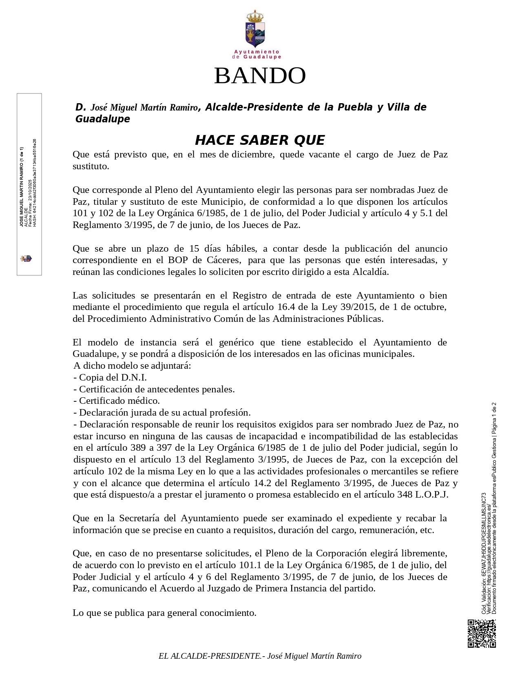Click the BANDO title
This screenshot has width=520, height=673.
[260, 75]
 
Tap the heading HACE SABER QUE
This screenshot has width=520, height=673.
[260, 140]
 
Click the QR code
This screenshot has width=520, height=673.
[481, 633]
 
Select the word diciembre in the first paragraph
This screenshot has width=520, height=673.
[252, 155]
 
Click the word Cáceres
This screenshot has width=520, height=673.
[223, 260]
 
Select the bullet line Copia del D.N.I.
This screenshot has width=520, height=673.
[110, 378]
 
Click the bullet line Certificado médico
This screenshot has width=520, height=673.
[117, 401]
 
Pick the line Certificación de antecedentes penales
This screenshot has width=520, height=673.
[154, 390]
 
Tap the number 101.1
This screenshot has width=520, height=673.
[252, 565]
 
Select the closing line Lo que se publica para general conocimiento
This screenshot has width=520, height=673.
[164, 613]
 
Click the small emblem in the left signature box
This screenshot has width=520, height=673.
[26, 259]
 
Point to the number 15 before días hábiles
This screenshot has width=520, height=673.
[195, 249]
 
